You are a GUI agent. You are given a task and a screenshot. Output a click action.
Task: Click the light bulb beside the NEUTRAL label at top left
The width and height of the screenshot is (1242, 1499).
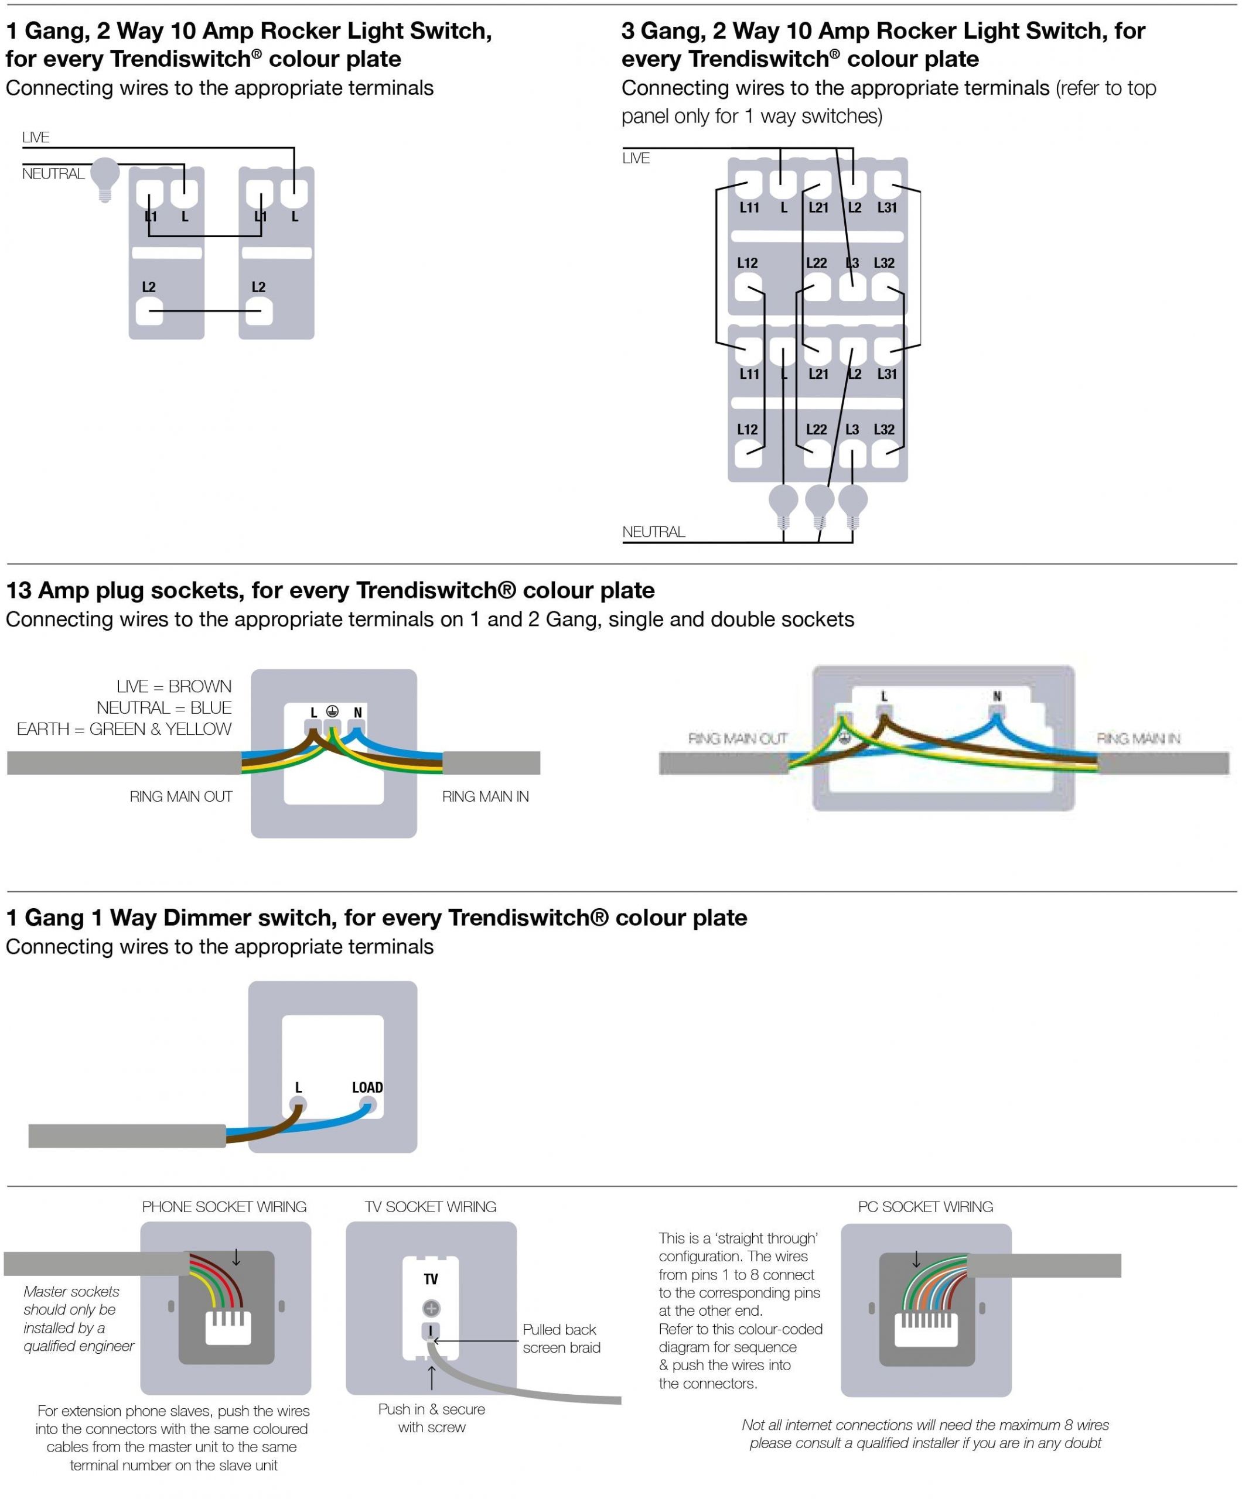(105, 178)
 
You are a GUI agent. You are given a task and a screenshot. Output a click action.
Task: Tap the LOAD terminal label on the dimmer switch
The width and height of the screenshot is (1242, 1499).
(367, 1087)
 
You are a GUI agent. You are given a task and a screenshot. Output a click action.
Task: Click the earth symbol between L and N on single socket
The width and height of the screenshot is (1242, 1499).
(332, 711)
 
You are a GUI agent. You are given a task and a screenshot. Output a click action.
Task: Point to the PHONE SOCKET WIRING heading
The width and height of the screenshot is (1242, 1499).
(224, 1206)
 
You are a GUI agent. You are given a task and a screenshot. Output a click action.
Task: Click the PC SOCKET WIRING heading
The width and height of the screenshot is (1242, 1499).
(925, 1206)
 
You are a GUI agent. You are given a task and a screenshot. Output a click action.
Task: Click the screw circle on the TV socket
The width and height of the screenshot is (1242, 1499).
(431, 1308)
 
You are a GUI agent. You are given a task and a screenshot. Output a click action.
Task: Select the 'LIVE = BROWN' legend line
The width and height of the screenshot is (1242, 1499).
(173, 686)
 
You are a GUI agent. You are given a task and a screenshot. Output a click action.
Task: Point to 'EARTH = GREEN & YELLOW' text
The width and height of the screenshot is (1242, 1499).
(124, 729)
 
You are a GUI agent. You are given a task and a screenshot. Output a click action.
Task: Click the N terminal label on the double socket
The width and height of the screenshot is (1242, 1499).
(997, 696)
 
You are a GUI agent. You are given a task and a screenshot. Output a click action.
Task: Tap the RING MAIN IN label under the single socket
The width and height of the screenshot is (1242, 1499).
(485, 796)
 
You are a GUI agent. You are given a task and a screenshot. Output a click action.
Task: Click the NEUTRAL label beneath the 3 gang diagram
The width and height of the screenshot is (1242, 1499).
(653, 532)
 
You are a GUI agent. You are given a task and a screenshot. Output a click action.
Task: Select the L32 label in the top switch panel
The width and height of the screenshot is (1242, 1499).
(883, 263)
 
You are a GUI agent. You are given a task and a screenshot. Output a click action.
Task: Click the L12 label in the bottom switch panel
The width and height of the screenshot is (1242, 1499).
(747, 429)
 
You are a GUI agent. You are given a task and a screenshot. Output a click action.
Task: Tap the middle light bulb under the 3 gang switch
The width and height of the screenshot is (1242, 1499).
(819, 501)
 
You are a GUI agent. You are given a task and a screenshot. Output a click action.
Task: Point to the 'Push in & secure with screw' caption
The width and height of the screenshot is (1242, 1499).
(431, 1418)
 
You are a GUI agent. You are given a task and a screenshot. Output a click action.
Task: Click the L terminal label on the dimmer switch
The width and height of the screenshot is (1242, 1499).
(299, 1087)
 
